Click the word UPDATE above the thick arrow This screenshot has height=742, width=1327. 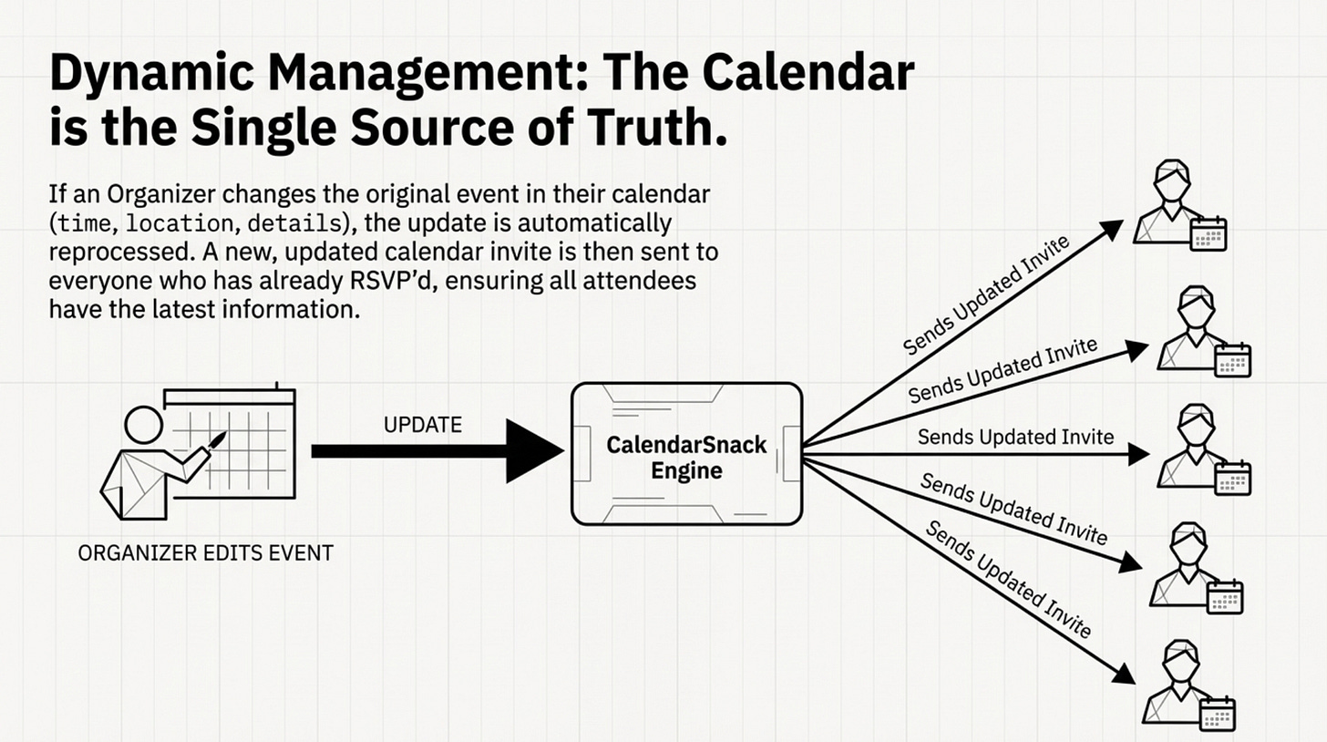424,424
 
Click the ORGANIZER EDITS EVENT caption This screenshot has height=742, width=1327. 206,553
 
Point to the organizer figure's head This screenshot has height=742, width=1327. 142,426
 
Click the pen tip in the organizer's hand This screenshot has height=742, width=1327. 219,440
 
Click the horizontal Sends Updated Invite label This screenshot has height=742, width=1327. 1015,437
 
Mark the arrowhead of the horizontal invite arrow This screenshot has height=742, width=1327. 1143,452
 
